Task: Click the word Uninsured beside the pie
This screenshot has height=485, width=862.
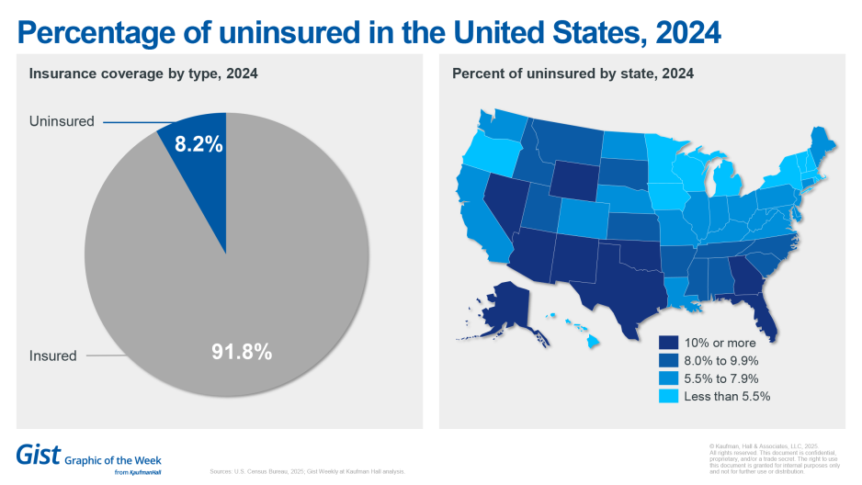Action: click(x=62, y=121)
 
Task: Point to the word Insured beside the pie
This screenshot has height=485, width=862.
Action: click(x=52, y=355)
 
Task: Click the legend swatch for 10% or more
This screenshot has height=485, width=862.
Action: click(x=668, y=343)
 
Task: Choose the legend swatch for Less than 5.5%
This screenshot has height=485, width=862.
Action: click(x=668, y=396)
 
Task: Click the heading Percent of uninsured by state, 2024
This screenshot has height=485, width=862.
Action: click(x=573, y=73)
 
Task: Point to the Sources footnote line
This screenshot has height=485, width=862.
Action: click(x=307, y=471)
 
